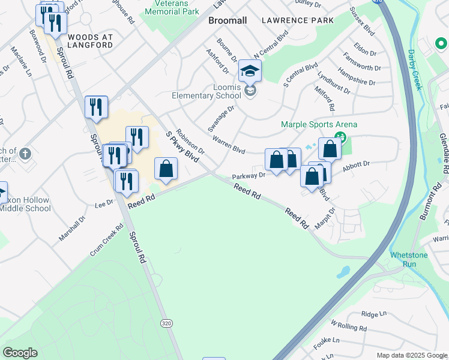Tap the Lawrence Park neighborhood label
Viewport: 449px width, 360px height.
pos(298,20)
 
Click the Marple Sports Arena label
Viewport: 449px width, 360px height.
pos(319,125)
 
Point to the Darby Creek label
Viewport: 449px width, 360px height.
pos(415,69)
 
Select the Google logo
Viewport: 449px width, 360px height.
pos(20,353)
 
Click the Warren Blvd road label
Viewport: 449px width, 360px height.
pos(229,146)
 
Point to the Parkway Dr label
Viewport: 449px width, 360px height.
pos(249,176)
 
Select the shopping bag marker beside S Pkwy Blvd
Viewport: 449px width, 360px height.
pos(166,169)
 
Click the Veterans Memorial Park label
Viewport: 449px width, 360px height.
pos(171,7)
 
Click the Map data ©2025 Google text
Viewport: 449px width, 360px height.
pos(411,355)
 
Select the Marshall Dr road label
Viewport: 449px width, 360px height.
pos(72,228)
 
